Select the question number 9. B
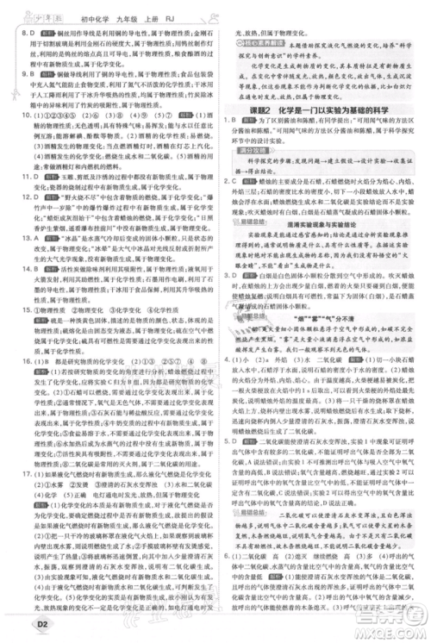tap(18, 75)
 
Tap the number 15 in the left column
tap(15, 332)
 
